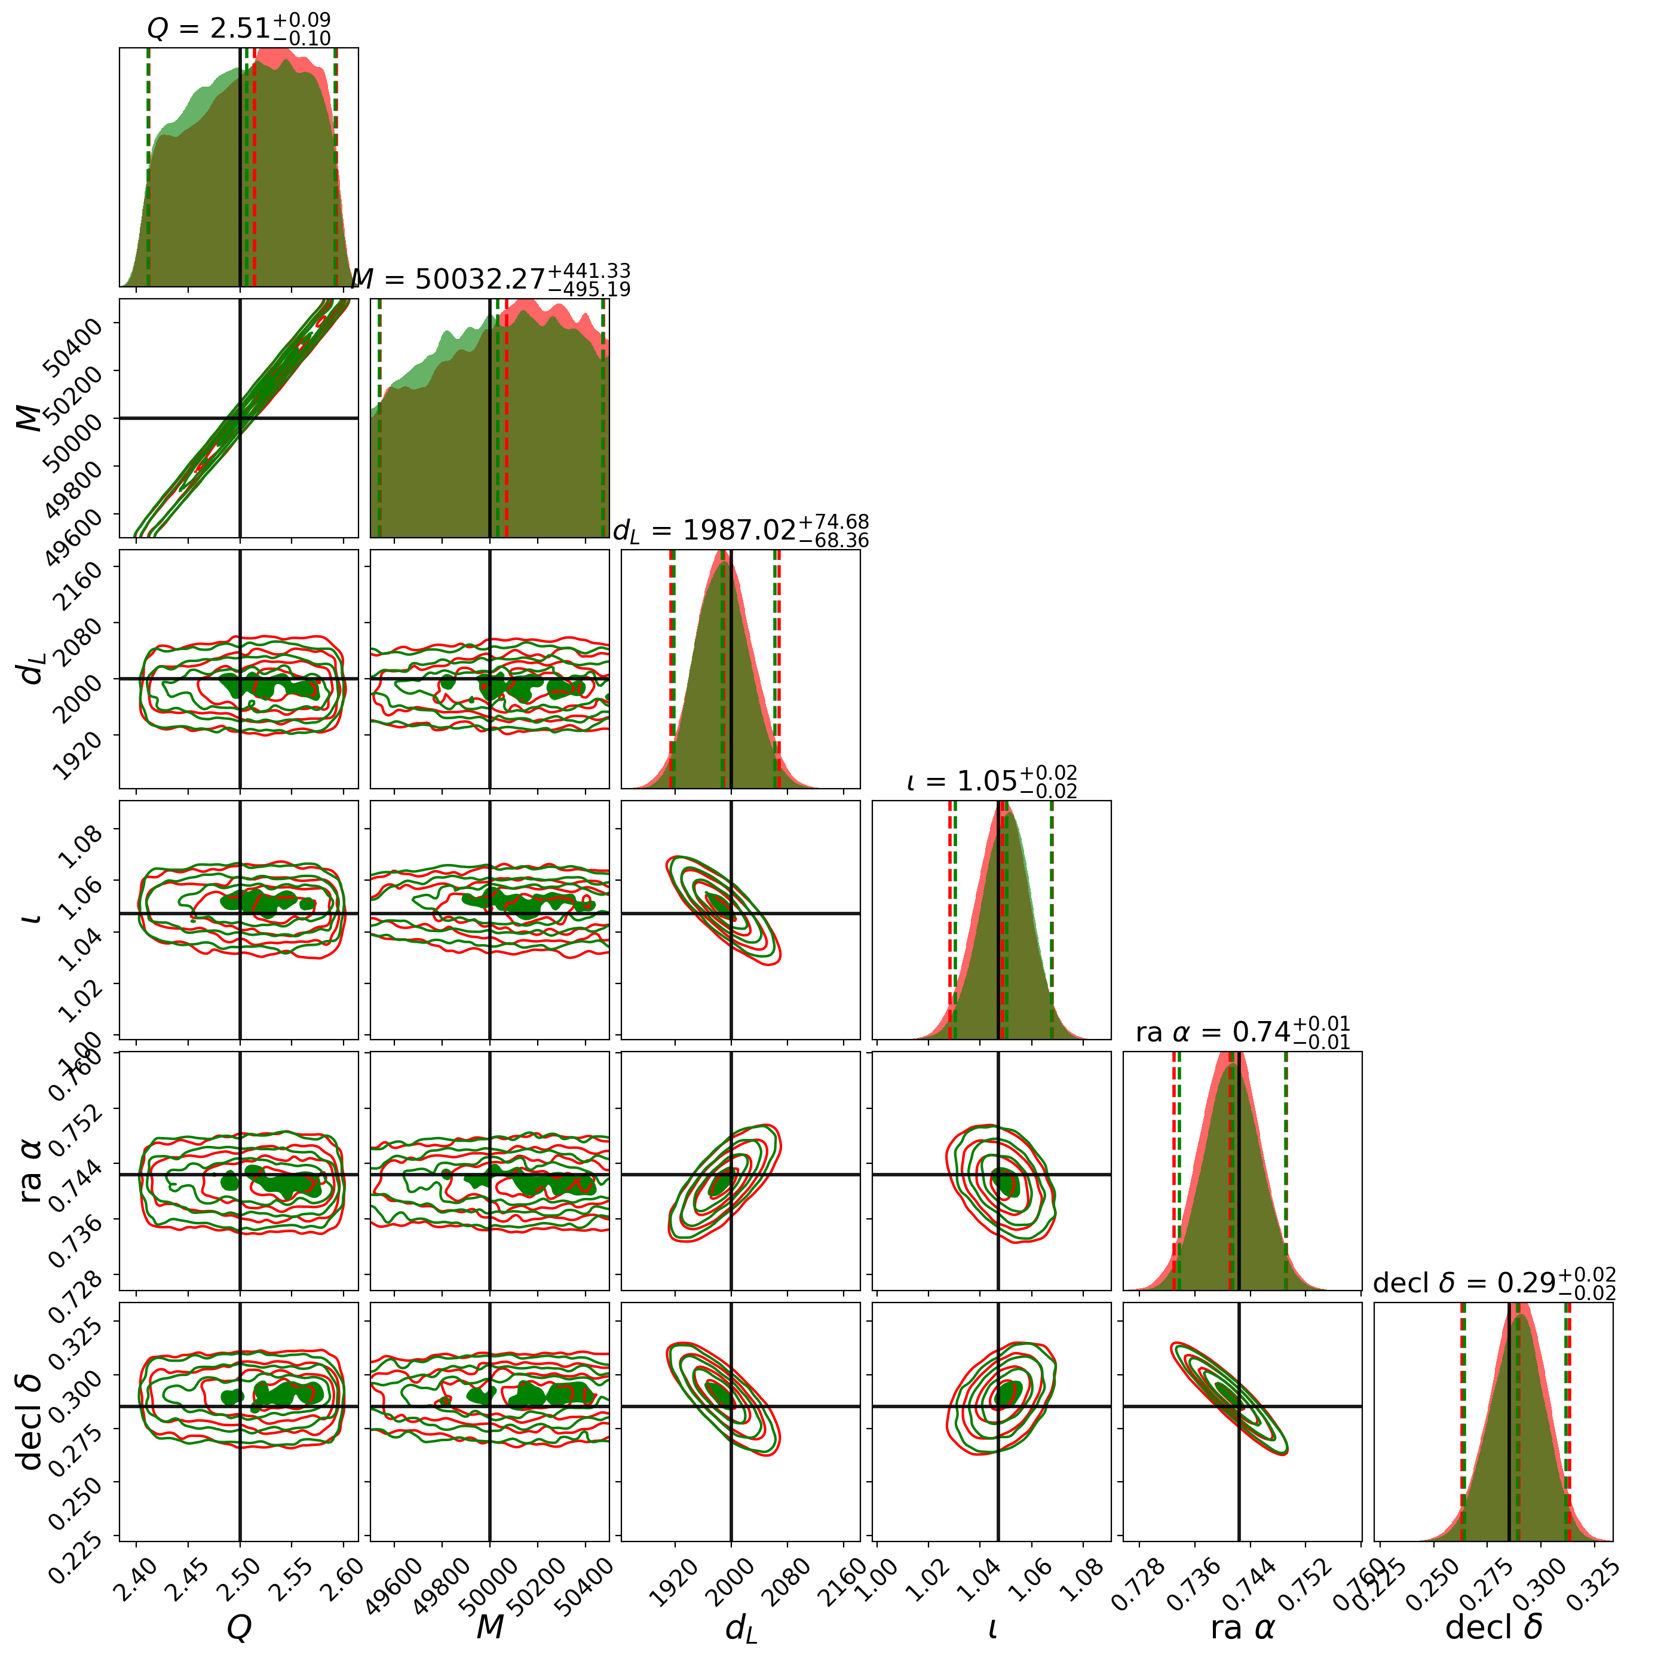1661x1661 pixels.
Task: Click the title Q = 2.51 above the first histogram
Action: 238,28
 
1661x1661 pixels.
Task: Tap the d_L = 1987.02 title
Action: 740,531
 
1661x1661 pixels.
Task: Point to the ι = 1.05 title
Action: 991,782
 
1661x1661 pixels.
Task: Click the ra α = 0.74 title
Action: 1242,1032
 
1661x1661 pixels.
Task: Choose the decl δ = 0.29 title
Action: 1493,1283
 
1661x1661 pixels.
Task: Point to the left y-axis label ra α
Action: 32,1170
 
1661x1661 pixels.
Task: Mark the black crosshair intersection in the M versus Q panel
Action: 240,418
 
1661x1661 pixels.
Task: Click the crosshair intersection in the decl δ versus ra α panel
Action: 1239,1406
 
